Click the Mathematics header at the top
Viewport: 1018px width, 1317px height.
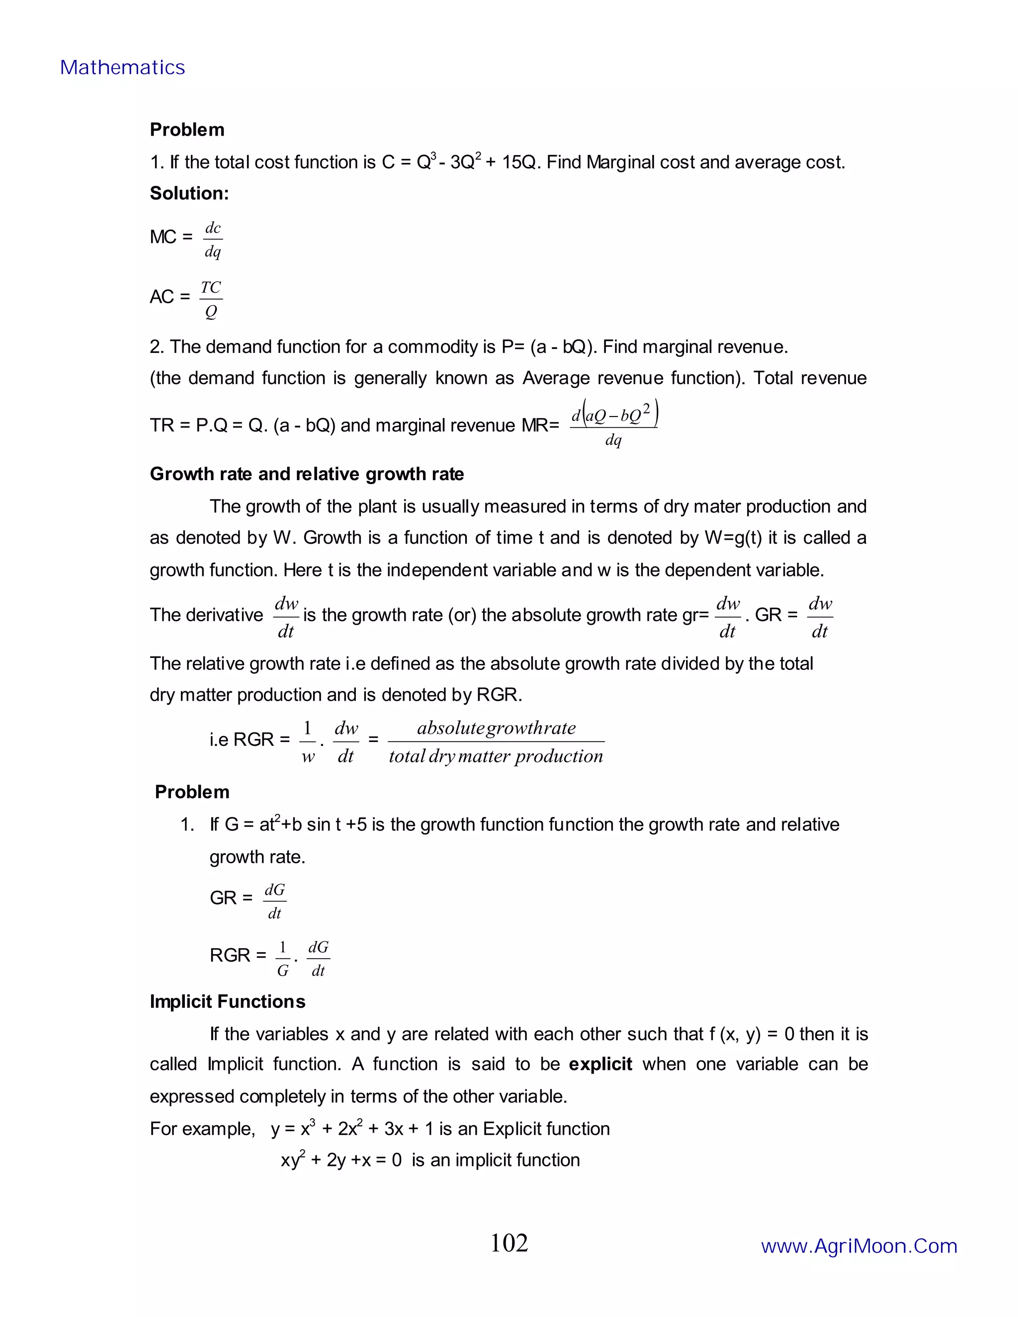coord(122,68)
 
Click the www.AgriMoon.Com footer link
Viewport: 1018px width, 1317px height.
coord(859,1246)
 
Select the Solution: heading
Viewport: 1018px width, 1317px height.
coord(189,193)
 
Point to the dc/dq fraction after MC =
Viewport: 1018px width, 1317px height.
coord(213,240)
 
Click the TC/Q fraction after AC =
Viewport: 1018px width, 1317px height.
coord(211,299)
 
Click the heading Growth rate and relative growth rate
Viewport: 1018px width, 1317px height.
coord(306,474)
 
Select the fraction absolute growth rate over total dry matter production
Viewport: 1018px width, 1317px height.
coord(496,741)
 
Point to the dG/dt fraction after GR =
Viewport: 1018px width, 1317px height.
coord(274,902)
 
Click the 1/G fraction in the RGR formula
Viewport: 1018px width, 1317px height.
coord(282,959)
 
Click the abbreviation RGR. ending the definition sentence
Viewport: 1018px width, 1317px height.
coord(499,695)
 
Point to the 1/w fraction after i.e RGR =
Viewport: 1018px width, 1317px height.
coord(308,741)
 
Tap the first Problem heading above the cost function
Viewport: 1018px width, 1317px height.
coord(187,130)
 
